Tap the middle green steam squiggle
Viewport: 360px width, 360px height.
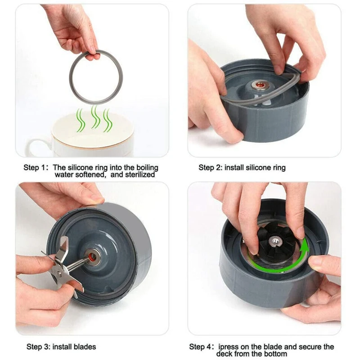[x=94, y=118]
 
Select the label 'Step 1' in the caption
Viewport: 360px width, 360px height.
[x=34, y=168]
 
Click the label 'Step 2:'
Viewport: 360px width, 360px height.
[x=210, y=168]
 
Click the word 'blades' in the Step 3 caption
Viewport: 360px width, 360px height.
[x=85, y=347]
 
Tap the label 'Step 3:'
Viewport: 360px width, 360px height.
[x=38, y=347]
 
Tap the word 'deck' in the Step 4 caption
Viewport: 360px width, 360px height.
[x=225, y=354]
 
